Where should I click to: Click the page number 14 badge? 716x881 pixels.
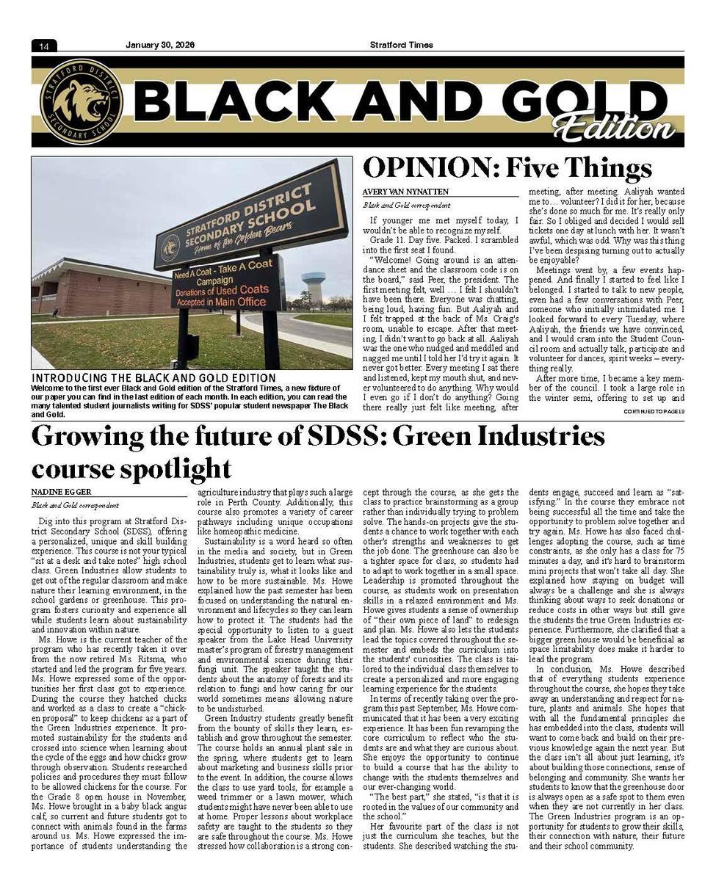point(44,46)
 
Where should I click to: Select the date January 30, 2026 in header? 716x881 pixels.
point(159,45)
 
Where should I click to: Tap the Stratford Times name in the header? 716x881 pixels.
point(401,45)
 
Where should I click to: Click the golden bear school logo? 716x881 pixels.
point(82,101)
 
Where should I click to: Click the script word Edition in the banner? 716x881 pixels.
point(614,126)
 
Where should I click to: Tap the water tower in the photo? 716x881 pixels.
point(314,283)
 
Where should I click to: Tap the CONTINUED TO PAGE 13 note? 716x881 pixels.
point(654,411)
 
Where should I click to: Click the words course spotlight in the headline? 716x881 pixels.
point(131,468)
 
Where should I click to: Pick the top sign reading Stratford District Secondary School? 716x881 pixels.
point(250,215)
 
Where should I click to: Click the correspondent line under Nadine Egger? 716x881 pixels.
point(75,505)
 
